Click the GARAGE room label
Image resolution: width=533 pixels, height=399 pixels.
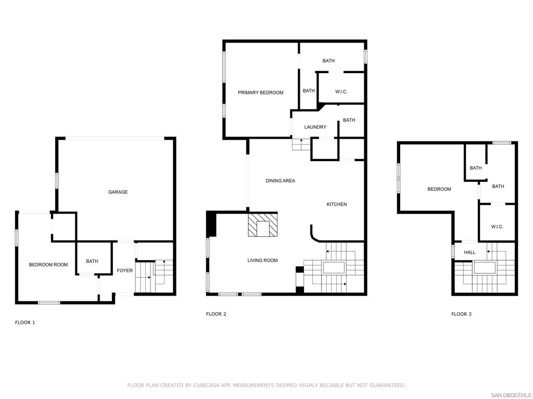point(118,192)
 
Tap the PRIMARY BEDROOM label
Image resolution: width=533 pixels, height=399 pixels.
point(260,92)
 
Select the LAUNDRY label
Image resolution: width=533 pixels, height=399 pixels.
point(315,127)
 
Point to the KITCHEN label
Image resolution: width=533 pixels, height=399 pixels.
point(337,204)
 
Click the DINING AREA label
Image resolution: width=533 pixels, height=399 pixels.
point(281,181)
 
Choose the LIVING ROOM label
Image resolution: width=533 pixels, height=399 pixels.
point(262,261)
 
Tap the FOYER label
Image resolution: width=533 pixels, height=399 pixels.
point(125,270)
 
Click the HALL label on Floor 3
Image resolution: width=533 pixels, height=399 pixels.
point(470,252)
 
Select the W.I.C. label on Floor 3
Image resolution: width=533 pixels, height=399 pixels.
point(497,227)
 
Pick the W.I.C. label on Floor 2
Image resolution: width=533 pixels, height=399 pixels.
point(341,91)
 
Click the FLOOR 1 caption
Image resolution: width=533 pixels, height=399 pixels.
point(25,323)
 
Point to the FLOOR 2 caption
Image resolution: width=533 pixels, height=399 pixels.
point(216,314)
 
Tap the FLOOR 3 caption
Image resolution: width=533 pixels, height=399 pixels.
point(461,314)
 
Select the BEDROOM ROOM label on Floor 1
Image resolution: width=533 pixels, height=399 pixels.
point(48,264)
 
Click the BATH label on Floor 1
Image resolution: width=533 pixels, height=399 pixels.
point(92,261)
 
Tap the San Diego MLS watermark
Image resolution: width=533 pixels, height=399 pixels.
point(511,395)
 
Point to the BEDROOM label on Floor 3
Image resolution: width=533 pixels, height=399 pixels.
point(439,189)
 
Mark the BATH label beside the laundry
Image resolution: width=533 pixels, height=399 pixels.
point(349,120)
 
